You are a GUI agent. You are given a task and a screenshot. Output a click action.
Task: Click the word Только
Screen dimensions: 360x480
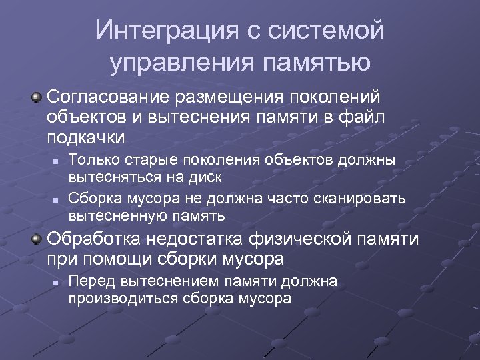point(91,160)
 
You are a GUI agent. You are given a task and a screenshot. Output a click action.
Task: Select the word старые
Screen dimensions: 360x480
point(149,160)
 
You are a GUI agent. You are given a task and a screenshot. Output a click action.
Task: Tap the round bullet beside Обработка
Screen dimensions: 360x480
point(37,239)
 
